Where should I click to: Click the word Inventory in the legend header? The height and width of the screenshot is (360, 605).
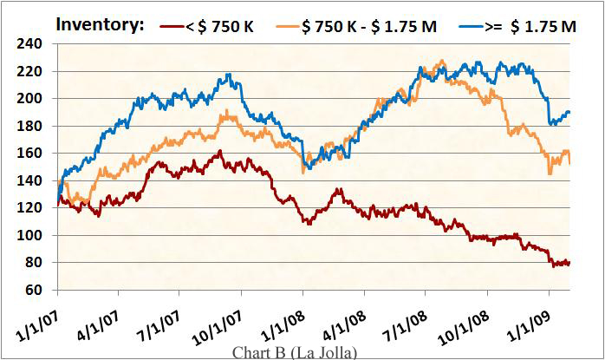[100, 24]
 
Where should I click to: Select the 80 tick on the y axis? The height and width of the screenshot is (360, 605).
[35, 263]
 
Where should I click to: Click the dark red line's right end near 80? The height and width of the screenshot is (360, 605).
[569, 263]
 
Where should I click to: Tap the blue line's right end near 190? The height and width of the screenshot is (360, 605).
[569, 112]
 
